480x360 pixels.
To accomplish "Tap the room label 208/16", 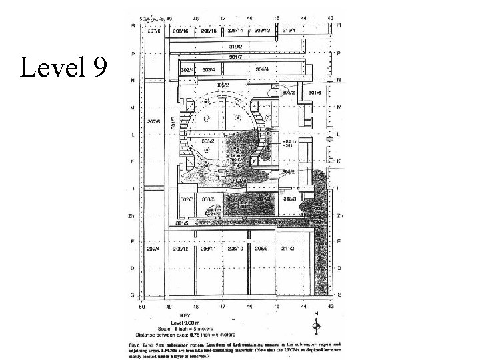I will [x=181, y=30].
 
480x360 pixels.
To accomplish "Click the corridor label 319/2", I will [x=235, y=47].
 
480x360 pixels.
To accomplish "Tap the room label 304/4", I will [x=262, y=69].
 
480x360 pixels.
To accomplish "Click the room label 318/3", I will [x=289, y=199].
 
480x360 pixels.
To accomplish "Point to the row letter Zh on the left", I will [x=132, y=216].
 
